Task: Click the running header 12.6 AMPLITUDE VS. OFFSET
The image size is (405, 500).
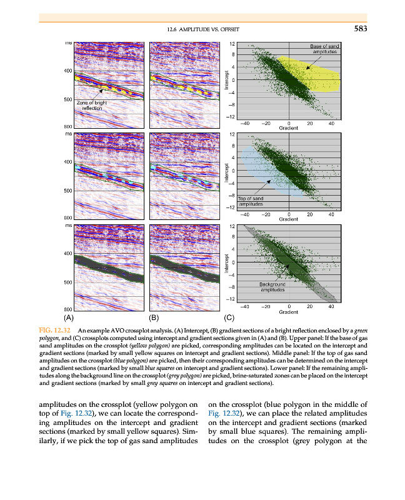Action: pos(204,30)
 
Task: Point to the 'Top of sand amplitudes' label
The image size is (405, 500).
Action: pos(253,201)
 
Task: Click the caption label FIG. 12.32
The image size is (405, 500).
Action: pos(57,329)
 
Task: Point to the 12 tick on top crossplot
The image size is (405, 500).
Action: pos(232,44)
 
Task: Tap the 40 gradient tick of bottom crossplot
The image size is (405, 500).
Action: pos(331,306)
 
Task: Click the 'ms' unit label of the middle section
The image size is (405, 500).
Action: pos(67,133)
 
